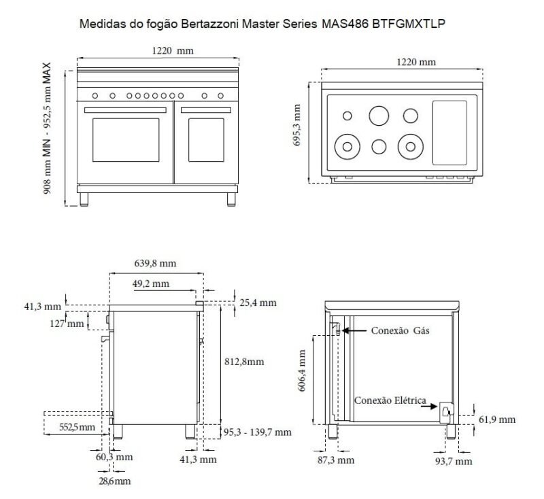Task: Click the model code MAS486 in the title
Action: click(x=344, y=24)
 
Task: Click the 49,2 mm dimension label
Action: click(x=151, y=283)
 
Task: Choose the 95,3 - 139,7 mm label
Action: click(x=257, y=432)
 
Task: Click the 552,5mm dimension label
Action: click(x=75, y=426)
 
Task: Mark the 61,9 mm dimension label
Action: click(x=497, y=419)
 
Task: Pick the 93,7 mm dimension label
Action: click(x=453, y=461)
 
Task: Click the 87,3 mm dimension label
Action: click(x=336, y=460)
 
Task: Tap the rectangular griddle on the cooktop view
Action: click(x=449, y=133)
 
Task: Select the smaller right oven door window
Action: click(x=206, y=141)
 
